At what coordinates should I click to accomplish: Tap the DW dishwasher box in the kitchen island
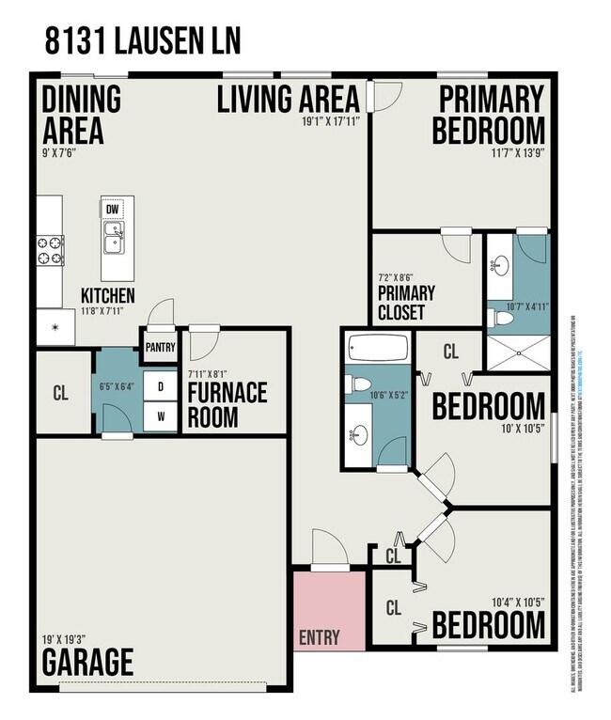pos(113,210)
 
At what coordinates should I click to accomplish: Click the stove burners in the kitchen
pos(50,250)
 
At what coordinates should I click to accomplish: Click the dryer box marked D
pos(161,386)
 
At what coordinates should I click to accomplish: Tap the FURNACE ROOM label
pos(226,404)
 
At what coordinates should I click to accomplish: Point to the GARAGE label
pos(87,661)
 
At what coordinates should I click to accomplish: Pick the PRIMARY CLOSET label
pos(401,303)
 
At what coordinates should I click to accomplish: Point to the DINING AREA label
pos(81,114)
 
